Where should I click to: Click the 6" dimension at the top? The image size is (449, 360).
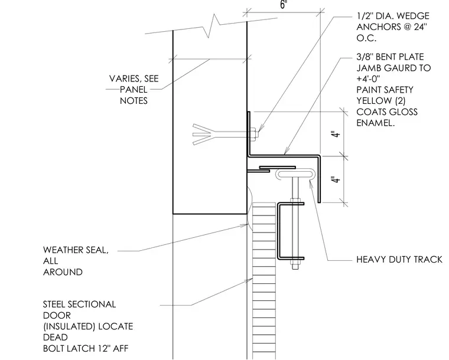283,4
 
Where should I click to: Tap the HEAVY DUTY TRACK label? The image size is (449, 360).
399,259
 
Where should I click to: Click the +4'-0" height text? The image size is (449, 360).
368,78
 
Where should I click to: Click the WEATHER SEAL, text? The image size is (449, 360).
76,250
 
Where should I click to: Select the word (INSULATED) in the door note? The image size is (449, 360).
69,326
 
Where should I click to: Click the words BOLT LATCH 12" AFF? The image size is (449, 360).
86,349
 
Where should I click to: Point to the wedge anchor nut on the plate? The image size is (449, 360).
253,134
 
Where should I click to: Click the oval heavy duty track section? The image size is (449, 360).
295,174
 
